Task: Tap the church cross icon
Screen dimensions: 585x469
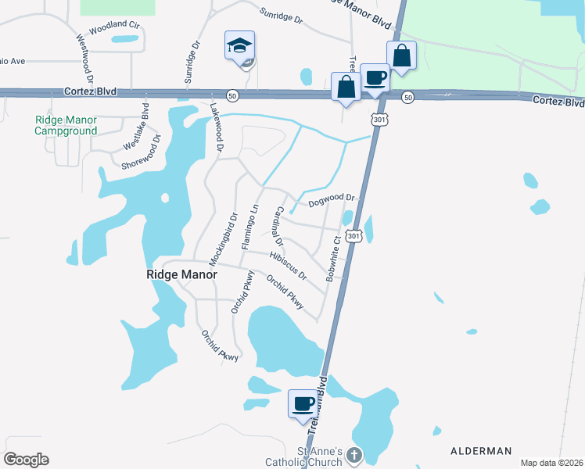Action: [354, 454]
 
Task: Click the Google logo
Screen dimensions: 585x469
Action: [26, 460]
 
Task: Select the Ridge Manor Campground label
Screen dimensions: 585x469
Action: [66, 125]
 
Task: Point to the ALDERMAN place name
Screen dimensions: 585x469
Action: [481, 451]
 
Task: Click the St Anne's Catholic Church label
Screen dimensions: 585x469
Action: [318, 456]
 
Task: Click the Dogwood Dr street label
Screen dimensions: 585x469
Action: [332, 201]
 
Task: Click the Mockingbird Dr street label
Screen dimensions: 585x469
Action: [223, 237]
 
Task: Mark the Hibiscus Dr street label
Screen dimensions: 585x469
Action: [287, 266]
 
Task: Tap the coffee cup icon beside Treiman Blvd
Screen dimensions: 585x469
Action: [303, 404]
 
